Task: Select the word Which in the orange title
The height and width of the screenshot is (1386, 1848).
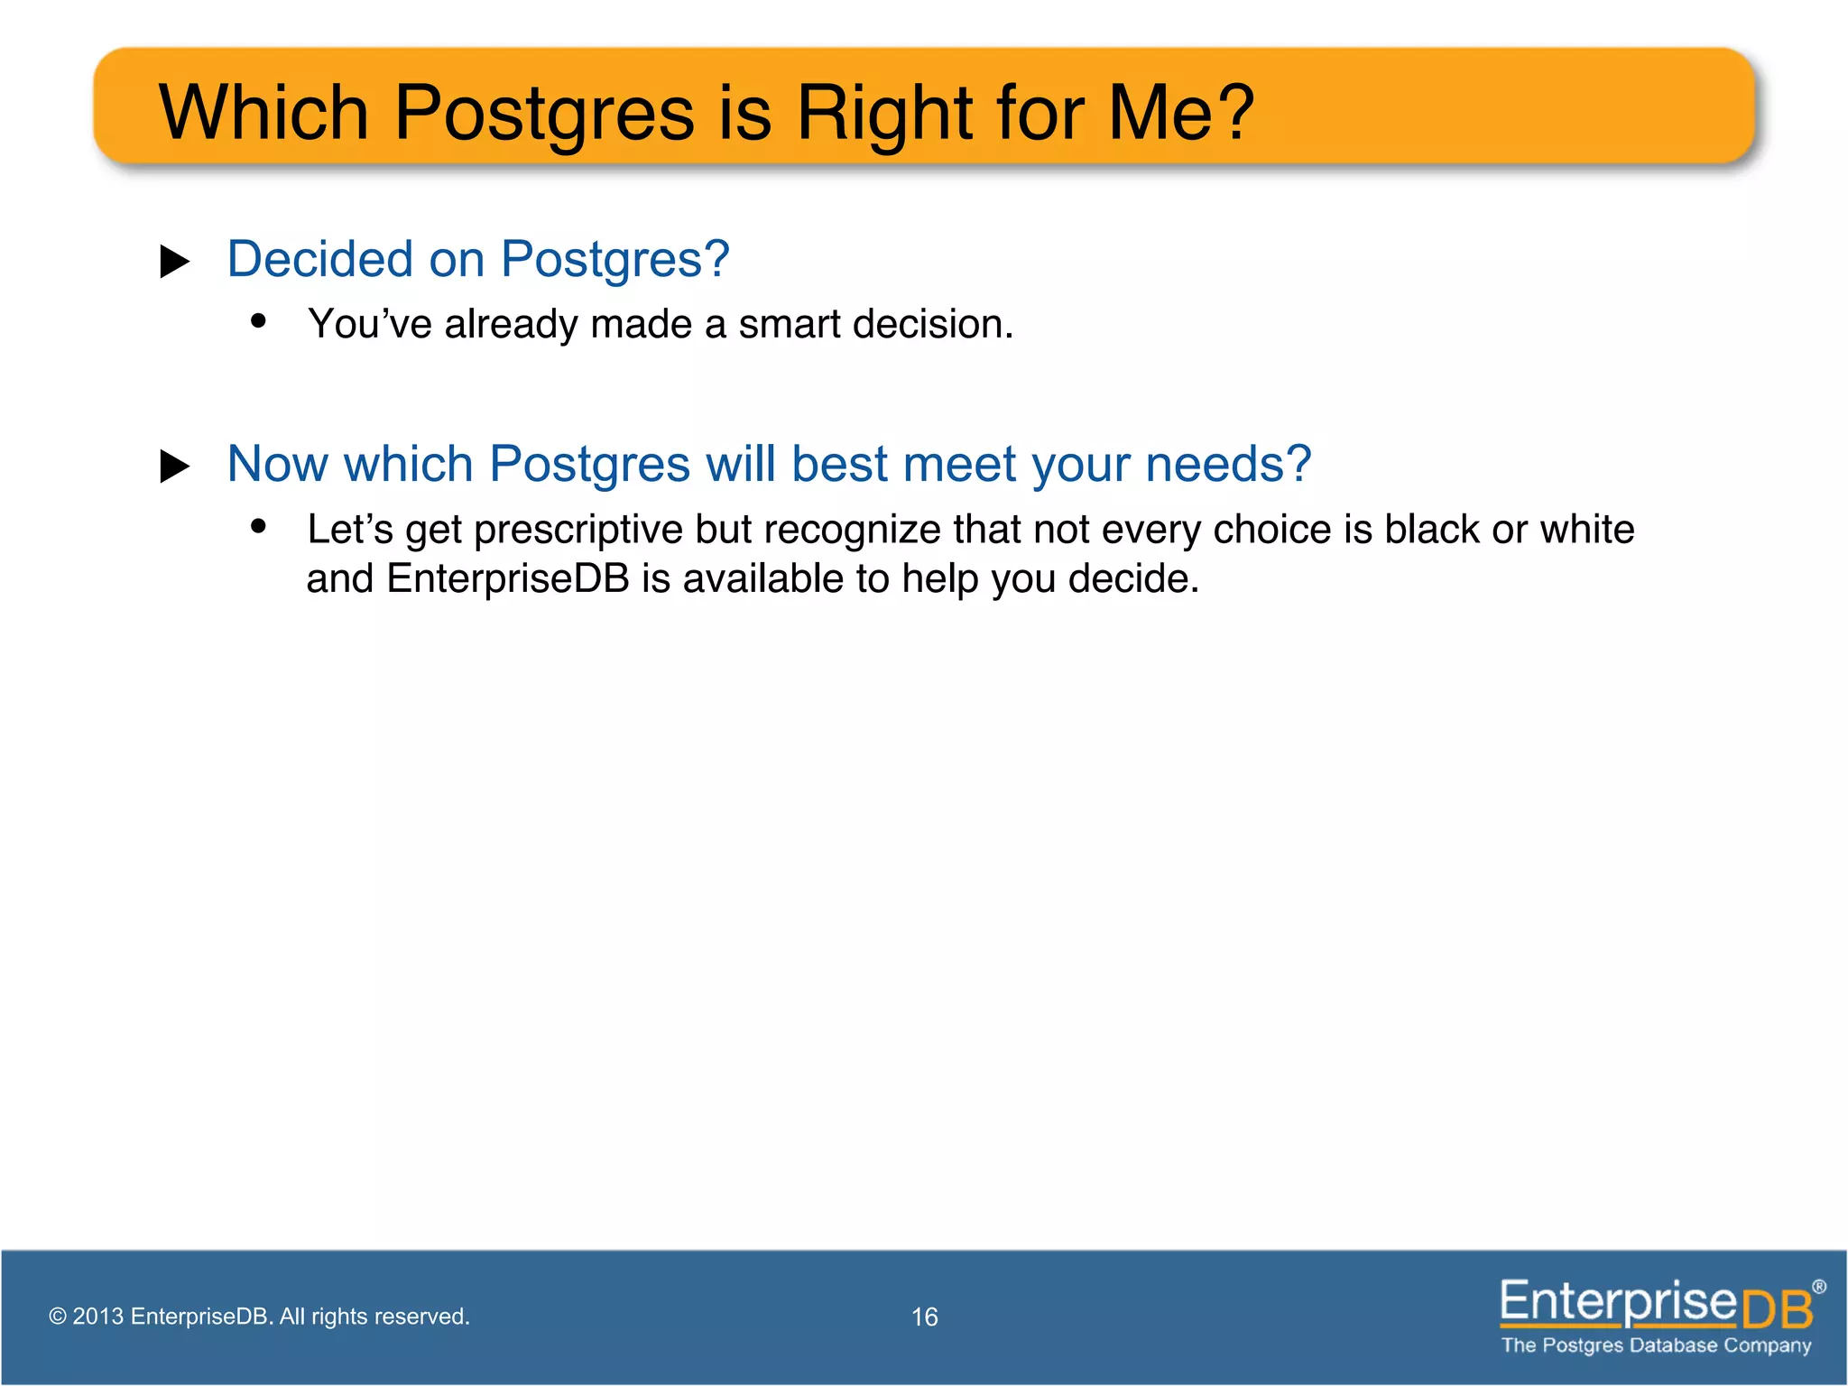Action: click(263, 113)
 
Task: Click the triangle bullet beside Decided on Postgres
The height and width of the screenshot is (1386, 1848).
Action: click(174, 262)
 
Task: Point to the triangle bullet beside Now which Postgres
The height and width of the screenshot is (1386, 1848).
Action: click(174, 467)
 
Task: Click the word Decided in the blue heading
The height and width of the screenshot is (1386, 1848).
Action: click(319, 259)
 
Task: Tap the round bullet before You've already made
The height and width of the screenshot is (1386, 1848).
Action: click(259, 320)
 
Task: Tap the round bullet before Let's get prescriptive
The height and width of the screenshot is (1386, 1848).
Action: click(259, 525)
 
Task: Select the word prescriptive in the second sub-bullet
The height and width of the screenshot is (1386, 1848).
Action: click(577, 530)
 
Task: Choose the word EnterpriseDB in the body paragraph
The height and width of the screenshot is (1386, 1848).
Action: click(507, 579)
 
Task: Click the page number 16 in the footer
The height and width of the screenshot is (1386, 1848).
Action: click(924, 1317)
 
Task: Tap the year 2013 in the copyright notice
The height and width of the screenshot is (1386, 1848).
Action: click(97, 1317)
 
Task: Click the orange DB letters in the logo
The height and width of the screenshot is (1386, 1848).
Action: click(1776, 1309)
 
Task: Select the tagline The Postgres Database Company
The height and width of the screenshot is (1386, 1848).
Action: click(1656, 1345)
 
